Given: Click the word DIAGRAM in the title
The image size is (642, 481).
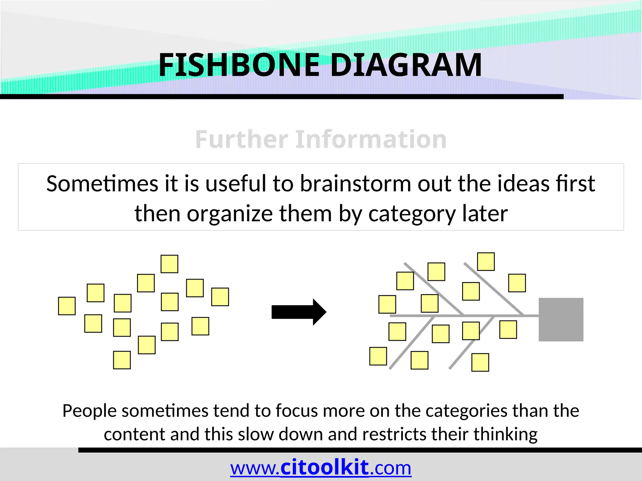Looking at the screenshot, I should pyautogui.click(x=406, y=65).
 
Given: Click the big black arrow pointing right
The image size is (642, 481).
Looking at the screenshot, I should pyautogui.click(x=299, y=312).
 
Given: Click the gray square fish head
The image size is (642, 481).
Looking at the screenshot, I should pyautogui.click(x=561, y=319).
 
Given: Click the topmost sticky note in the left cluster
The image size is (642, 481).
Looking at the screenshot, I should pyautogui.click(x=169, y=264).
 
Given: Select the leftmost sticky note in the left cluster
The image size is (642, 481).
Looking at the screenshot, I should pyautogui.click(x=67, y=306).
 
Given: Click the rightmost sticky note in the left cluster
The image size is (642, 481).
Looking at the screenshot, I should pyautogui.click(x=220, y=297).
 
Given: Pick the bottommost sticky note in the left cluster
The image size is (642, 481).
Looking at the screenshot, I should pyautogui.click(x=122, y=360).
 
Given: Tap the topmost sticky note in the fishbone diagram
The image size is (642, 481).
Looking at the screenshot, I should pyautogui.click(x=486, y=261).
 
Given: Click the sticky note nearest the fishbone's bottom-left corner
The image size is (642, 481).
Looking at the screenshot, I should pyautogui.click(x=378, y=356).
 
